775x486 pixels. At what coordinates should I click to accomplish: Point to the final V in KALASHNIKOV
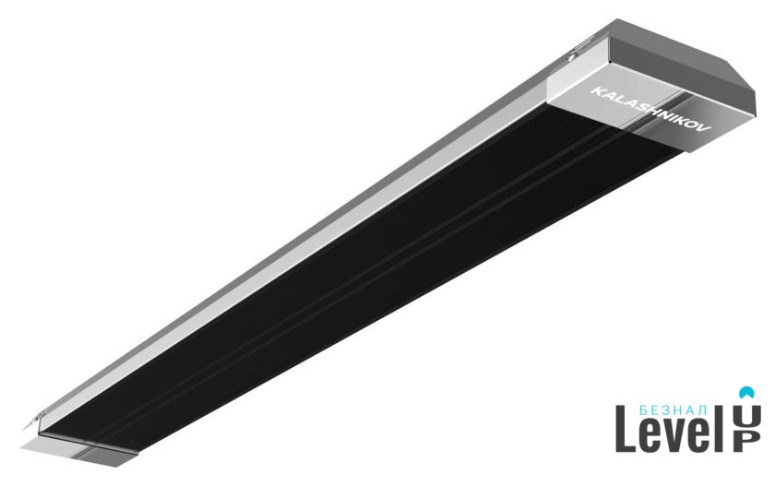[x=706, y=130]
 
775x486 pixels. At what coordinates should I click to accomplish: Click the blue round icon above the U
[x=745, y=392]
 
